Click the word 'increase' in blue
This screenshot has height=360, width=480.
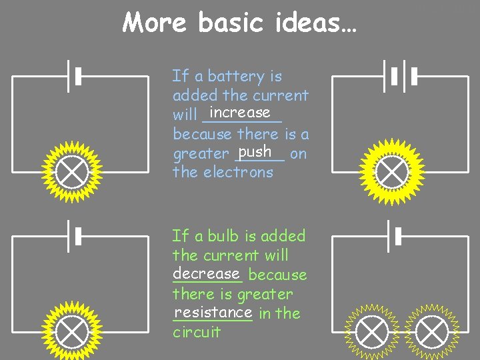239,113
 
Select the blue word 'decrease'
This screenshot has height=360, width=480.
206,273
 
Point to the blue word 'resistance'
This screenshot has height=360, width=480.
213,312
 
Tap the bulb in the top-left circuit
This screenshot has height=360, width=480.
71,173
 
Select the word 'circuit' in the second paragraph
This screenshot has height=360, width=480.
196,332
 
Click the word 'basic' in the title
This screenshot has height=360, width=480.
231,23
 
